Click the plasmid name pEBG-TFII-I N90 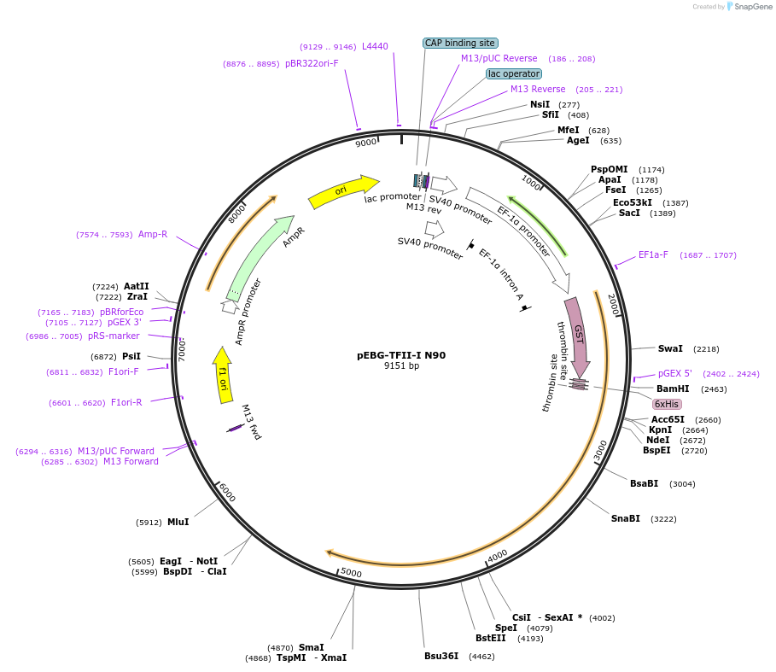[x=400, y=355]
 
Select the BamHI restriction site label [x=672, y=389]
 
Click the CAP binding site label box [x=460, y=43]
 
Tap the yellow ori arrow [x=343, y=191]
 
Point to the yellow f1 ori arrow [x=223, y=374]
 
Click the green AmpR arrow [x=260, y=257]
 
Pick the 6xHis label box [x=667, y=404]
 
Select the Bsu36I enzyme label [x=441, y=656]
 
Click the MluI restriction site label [x=178, y=522]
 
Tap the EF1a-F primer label [x=653, y=254]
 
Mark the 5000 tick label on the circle [x=351, y=573]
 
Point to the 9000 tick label [x=365, y=143]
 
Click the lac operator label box [x=513, y=73]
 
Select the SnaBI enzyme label [x=625, y=518]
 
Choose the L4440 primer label [x=375, y=46]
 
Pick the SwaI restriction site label [x=670, y=348]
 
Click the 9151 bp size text [x=401, y=366]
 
